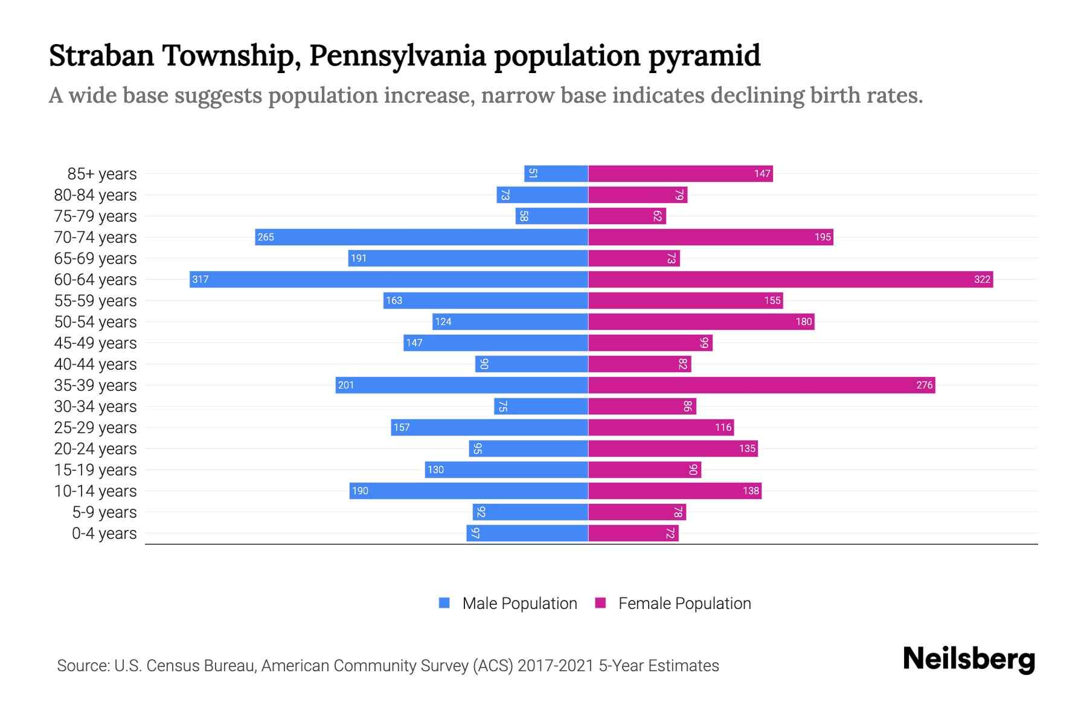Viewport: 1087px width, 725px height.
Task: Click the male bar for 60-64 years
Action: [x=389, y=279]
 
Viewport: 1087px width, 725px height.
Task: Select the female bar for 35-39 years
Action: [x=762, y=385]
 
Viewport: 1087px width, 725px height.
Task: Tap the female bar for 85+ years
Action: [x=681, y=174]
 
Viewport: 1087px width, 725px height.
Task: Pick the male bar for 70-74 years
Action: [x=422, y=237]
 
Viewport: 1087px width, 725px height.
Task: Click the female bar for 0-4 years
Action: [x=633, y=533]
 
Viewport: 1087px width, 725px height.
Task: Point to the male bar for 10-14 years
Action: [x=469, y=491]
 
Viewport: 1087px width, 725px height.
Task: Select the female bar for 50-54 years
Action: [x=701, y=321]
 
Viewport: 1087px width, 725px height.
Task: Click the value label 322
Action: [x=982, y=279]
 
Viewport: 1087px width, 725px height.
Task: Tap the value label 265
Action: [x=266, y=237]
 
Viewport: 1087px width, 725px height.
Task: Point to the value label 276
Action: [x=924, y=385]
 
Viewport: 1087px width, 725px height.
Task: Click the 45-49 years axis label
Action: [x=95, y=343]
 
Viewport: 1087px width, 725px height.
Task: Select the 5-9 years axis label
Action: [x=104, y=512]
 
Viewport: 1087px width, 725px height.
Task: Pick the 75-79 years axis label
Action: [x=95, y=216]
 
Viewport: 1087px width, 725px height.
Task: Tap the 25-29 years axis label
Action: [x=95, y=428]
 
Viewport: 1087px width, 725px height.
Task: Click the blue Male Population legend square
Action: [x=444, y=603]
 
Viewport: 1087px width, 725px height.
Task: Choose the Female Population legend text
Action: [x=684, y=603]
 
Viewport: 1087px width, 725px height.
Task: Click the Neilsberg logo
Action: [x=969, y=659]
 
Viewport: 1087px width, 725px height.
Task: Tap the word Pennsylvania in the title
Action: [x=397, y=56]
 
